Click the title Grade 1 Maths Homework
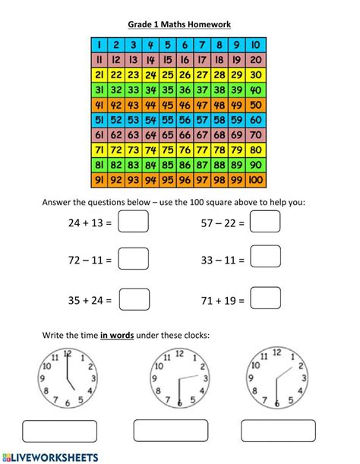pyautogui.click(x=179, y=24)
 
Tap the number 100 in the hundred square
pyautogui.click(x=256, y=180)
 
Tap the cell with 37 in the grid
pyautogui.click(x=204, y=90)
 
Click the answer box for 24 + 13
pyautogui.click(x=134, y=223)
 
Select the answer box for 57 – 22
pyautogui.click(x=265, y=223)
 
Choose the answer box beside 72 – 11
pyautogui.click(x=134, y=260)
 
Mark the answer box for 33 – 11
pyautogui.click(x=265, y=260)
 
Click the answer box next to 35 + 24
pyautogui.click(x=134, y=299)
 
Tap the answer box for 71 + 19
pyautogui.click(x=265, y=299)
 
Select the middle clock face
pyautogui.click(x=179, y=377)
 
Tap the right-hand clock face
pyautogui.click(x=276, y=376)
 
